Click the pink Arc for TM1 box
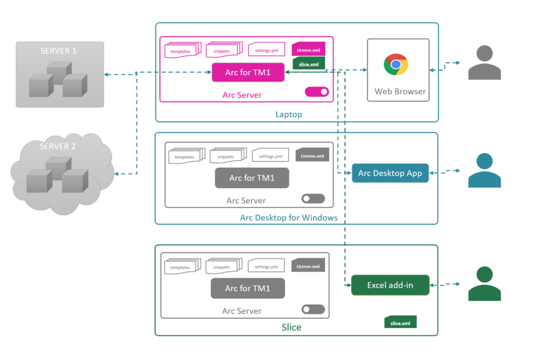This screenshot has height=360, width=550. click(x=248, y=73)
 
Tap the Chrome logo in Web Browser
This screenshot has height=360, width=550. click(x=396, y=64)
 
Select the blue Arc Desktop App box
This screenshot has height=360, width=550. click(x=390, y=173)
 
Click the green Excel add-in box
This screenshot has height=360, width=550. click(x=390, y=285)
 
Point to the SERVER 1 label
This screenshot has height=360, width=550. click(x=59, y=51)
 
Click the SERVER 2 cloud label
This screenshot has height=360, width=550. click(x=59, y=146)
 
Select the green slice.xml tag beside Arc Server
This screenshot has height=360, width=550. click(x=308, y=64)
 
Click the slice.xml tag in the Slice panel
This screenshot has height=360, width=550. click(x=400, y=322)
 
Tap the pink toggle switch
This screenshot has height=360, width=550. click(x=317, y=92)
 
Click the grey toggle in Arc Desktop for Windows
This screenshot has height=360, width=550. click(x=313, y=198)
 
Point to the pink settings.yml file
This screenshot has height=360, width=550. click(x=266, y=51)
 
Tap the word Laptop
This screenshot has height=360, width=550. click(x=288, y=114)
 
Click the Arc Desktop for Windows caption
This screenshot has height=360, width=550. click(x=288, y=218)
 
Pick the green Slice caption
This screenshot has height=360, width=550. click(x=292, y=327)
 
